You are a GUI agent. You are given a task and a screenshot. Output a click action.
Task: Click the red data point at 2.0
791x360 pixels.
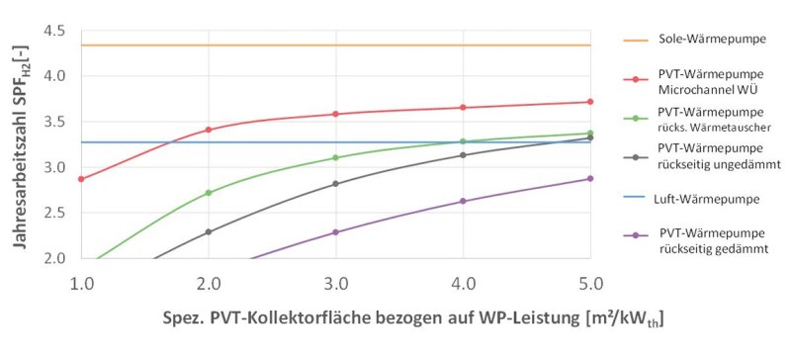pos(208,130)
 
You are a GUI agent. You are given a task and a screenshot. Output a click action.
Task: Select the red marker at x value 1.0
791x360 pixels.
pos(81,179)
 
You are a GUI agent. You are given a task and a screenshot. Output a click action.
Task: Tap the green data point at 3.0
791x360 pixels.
pos(335,157)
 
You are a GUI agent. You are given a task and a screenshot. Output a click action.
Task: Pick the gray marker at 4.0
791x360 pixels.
pos(463,154)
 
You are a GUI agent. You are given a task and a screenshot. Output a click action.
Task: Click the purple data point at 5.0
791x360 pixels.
pos(590,179)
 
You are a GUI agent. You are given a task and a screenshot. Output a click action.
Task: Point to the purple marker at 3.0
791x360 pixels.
pos(335,232)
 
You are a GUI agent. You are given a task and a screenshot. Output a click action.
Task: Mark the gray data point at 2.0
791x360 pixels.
pos(208,232)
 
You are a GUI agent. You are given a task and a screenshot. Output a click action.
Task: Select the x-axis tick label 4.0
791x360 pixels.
pos(463,284)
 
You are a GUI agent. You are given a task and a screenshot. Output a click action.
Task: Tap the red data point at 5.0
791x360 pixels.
pos(590,102)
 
